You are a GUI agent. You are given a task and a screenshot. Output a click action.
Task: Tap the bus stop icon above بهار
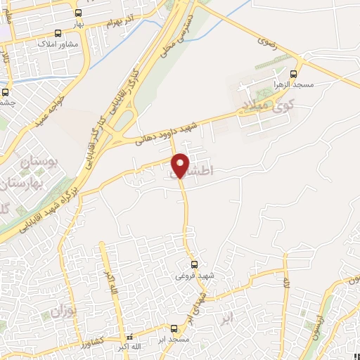coord(77,13)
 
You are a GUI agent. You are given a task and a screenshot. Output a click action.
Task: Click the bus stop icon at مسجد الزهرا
coord(295,72)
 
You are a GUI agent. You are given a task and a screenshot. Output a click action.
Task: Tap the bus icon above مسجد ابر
coord(174,328)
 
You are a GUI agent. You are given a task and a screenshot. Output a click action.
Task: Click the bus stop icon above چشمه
coord(6,91)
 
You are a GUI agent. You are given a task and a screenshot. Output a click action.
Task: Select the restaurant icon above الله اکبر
coord(127,337)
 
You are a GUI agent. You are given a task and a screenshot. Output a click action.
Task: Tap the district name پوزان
coord(63,309)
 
